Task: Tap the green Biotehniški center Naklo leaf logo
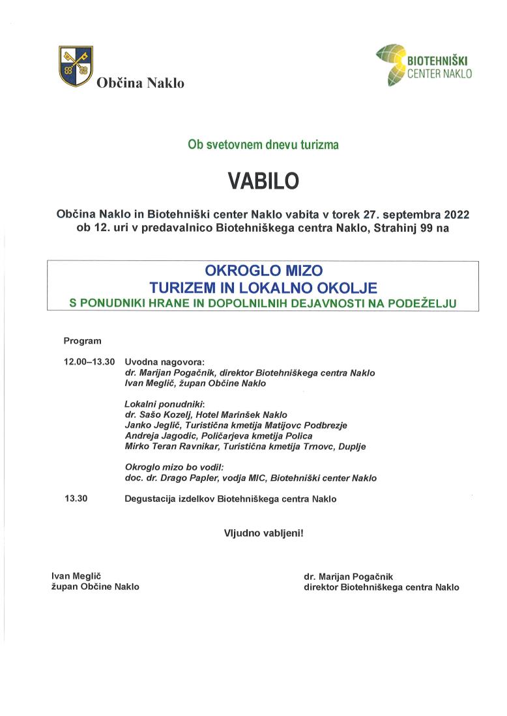(389, 66)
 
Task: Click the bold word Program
(82, 340)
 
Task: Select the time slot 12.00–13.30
(89, 362)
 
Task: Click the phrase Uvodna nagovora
(164, 362)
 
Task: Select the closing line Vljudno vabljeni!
(263, 532)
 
